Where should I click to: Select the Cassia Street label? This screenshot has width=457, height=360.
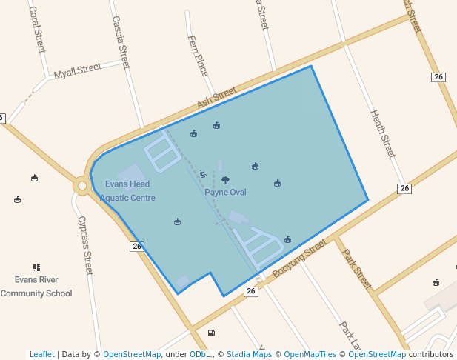[121, 42]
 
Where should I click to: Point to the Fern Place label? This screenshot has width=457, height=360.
[198, 56]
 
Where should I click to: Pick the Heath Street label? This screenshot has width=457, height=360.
[382, 133]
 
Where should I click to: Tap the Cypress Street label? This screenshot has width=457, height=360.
[85, 245]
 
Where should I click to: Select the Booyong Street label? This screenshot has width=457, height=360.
[299, 259]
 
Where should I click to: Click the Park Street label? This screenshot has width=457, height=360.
[356, 268]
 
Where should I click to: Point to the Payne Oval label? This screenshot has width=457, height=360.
[225, 193]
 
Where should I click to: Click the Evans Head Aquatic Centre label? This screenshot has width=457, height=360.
[127, 191]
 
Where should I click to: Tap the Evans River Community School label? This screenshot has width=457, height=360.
[36, 286]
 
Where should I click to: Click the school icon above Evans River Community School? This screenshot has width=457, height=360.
[36, 267]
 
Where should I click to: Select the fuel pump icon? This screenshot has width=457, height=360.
[212, 333]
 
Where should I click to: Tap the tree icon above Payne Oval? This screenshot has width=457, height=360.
[225, 180]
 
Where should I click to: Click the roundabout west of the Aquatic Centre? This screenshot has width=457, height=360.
[81, 185]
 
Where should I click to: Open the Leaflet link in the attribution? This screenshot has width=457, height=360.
[41, 354]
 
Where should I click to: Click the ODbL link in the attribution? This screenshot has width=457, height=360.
[200, 354]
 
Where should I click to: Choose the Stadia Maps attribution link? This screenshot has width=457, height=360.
[249, 354]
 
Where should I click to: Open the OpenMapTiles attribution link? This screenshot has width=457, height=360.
[310, 354]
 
